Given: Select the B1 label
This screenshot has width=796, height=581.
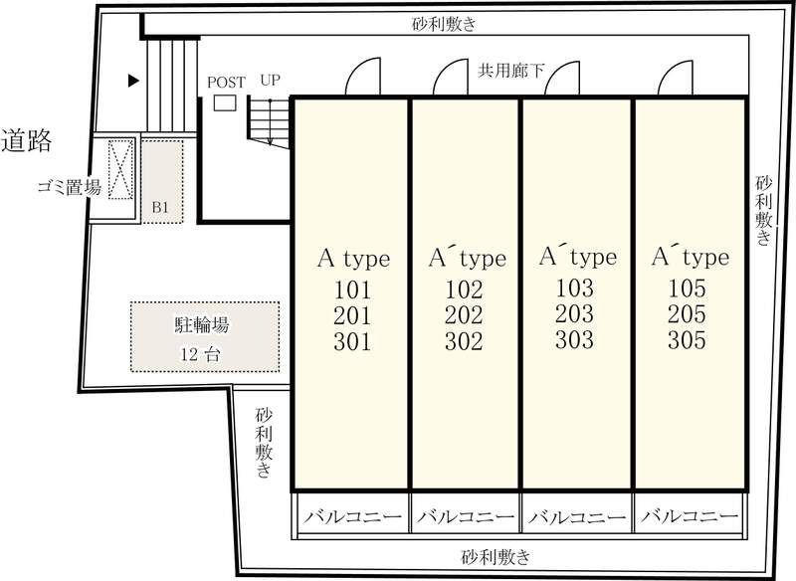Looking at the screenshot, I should coord(159,207).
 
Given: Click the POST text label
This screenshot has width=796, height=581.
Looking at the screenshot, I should coord(226,82).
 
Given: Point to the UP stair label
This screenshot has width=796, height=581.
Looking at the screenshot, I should coord(270,80).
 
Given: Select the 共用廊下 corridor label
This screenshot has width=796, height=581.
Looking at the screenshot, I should coord(511,71).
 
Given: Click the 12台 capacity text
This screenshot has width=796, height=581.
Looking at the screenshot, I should coord(203,354).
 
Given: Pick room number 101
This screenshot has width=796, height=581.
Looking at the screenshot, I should coord(352,291).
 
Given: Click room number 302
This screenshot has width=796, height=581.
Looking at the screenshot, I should coord(464,342).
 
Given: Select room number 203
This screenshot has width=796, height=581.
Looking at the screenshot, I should coord(576,315).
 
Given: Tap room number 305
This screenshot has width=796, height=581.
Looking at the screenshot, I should coord(688,341).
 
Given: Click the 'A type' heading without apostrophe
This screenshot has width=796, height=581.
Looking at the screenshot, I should coord(353,259).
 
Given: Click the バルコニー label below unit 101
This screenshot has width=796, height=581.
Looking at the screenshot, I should coord(352,517).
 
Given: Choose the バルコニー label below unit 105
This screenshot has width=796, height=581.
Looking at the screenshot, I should coord(690,517).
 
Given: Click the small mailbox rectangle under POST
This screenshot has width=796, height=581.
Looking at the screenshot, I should coord(226,102).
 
